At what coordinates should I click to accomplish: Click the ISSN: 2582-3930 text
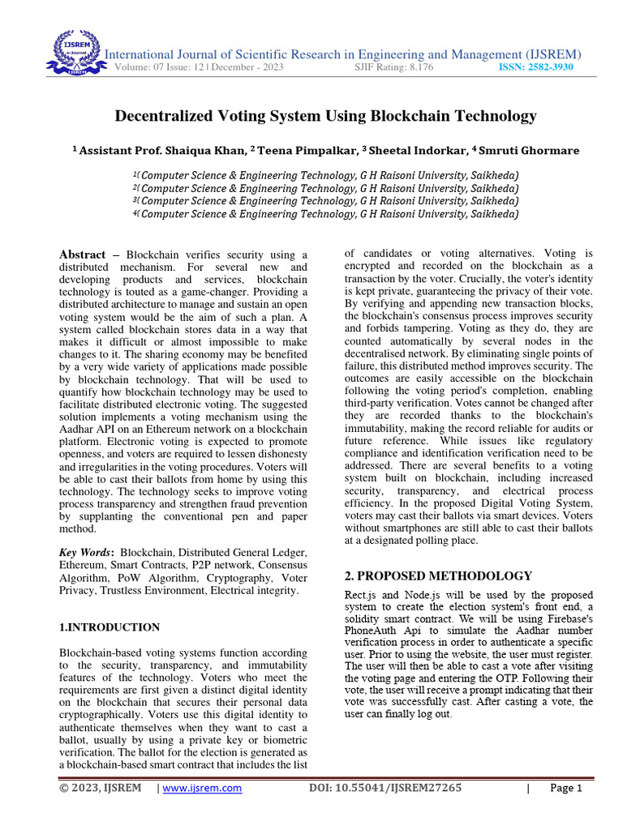pos(535,67)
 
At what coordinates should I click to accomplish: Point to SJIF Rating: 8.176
pos(394,67)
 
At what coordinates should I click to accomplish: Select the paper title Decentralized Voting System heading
pos(325,116)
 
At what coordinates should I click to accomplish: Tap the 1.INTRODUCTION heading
pos(110,627)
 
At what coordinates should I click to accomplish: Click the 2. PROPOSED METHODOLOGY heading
pos(439,576)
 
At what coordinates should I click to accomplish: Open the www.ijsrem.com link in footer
pos(203,788)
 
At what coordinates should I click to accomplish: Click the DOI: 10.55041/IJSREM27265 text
pos(385,788)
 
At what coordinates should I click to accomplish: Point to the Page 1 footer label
pos(566,788)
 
